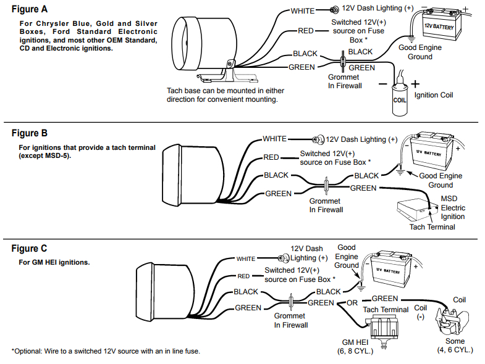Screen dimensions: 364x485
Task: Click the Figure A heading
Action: (x=30, y=10)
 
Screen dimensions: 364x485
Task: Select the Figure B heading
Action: (x=30, y=133)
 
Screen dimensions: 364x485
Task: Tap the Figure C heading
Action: (x=30, y=249)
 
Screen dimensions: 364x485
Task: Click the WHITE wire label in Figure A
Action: (x=303, y=11)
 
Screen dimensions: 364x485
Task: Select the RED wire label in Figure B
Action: (x=271, y=158)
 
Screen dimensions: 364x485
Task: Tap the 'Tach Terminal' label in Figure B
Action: (x=432, y=226)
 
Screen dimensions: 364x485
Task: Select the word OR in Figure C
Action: (x=352, y=303)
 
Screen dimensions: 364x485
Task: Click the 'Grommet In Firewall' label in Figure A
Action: (x=344, y=81)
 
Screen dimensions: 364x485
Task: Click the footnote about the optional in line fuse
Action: (x=105, y=351)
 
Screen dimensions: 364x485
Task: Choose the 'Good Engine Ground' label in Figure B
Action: (x=441, y=180)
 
